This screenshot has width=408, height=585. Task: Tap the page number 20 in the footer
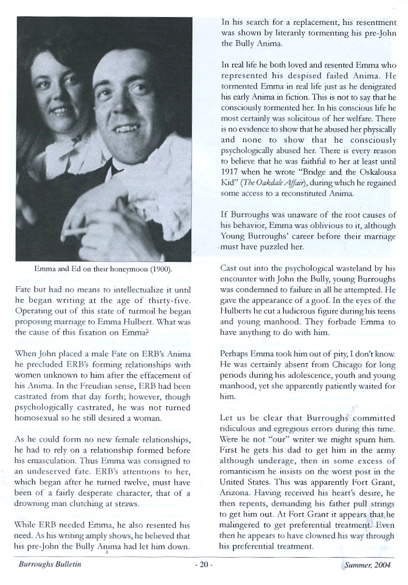[204, 564]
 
